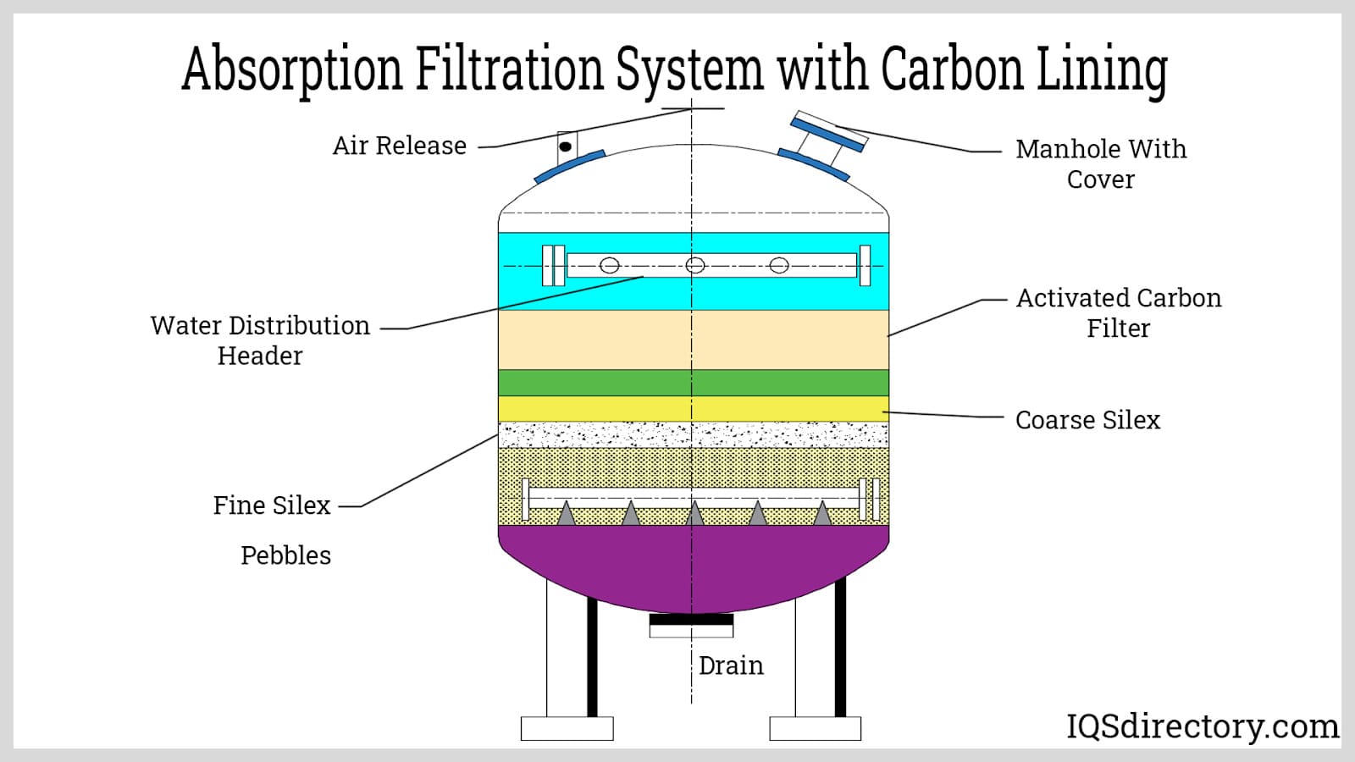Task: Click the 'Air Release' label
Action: (x=399, y=146)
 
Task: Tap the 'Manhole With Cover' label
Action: (x=1100, y=163)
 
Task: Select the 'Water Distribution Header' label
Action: (x=260, y=340)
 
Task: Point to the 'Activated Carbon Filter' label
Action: (x=1118, y=312)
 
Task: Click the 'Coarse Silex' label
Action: (x=1087, y=420)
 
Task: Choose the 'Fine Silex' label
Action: (x=271, y=505)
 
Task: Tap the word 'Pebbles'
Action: (x=285, y=555)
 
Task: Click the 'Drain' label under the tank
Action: (x=730, y=665)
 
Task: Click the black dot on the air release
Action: (x=565, y=147)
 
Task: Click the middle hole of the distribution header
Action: (x=694, y=266)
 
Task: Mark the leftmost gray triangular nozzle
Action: (x=566, y=513)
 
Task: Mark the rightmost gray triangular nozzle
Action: (x=821, y=513)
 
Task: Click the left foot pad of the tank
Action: (x=567, y=728)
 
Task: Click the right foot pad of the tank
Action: (x=815, y=728)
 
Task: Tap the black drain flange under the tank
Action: (x=691, y=620)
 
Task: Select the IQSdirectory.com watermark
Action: (x=1201, y=726)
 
